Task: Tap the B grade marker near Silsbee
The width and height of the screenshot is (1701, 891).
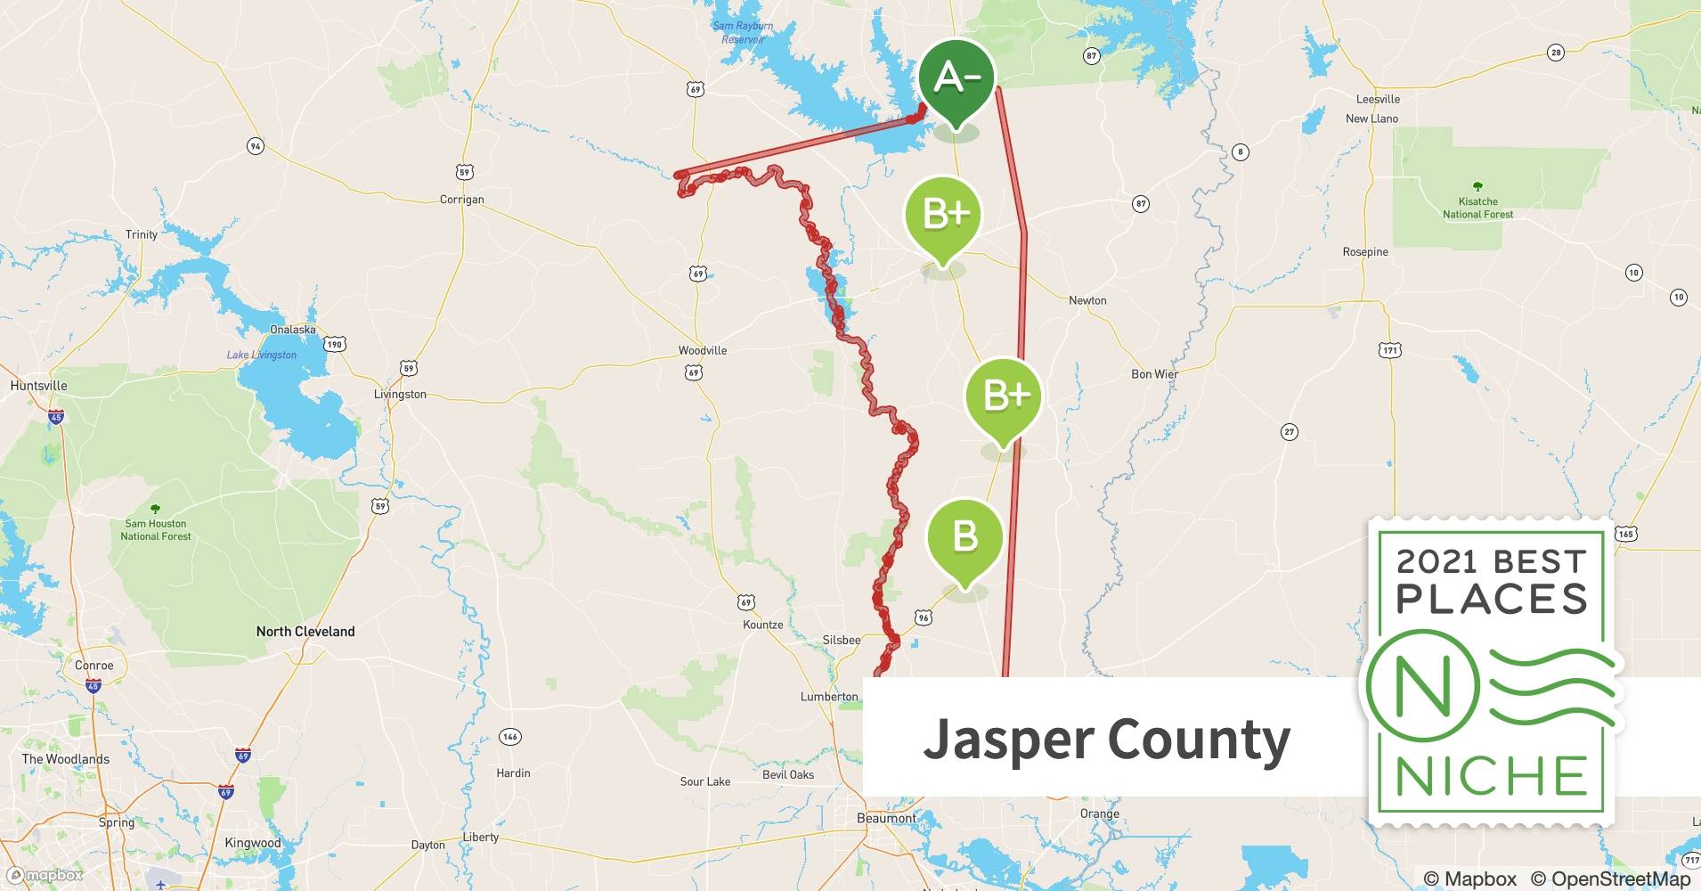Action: (965, 537)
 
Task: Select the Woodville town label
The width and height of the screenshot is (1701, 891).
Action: (702, 350)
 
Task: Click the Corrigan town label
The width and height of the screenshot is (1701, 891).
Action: (461, 200)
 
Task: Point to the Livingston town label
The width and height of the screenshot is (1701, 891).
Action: (400, 394)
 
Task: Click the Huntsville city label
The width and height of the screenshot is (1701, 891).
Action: (38, 386)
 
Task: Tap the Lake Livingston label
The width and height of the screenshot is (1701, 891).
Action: (261, 355)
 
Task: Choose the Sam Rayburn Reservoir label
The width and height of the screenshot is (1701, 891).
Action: (743, 32)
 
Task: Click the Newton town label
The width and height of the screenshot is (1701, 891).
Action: (1087, 300)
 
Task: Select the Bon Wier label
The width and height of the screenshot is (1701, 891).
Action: (1154, 374)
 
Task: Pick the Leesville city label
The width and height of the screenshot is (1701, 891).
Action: (1378, 99)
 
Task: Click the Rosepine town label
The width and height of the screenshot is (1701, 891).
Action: (1365, 252)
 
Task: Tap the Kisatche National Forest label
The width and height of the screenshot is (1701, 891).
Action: (1477, 208)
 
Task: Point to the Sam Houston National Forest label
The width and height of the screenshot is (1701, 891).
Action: (156, 529)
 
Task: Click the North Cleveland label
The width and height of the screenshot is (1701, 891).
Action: (305, 631)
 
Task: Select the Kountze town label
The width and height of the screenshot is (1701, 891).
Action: (762, 625)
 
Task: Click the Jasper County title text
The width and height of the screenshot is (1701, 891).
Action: (1106, 739)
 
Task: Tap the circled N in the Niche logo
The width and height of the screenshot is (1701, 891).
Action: (1422, 687)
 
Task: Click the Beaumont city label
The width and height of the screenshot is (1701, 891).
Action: (885, 818)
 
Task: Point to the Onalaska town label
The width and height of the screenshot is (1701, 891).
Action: (292, 330)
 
